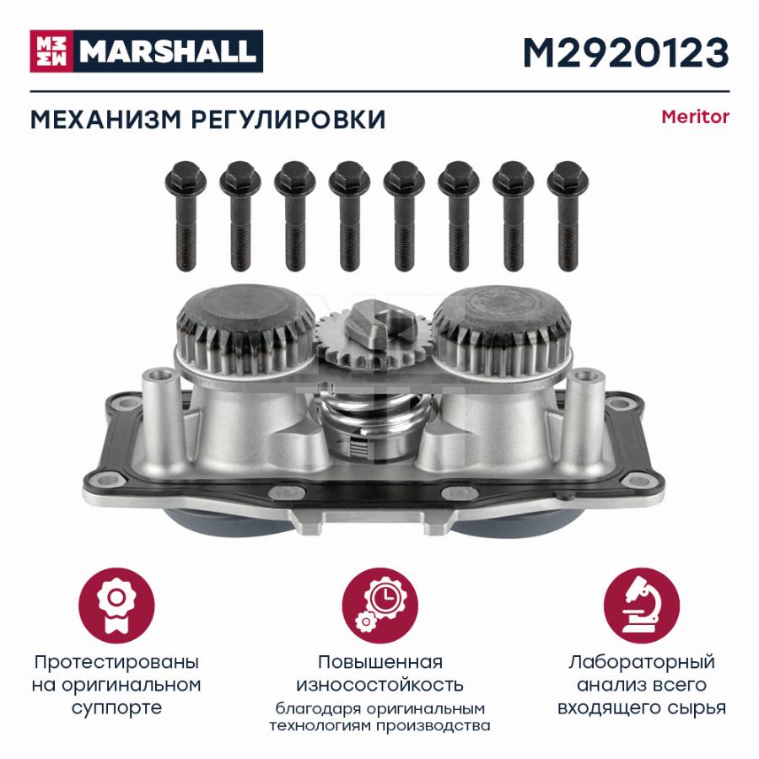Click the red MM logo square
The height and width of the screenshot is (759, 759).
[51, 51]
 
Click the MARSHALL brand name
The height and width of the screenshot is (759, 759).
[168, 51]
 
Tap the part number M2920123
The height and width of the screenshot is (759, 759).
[626, 53]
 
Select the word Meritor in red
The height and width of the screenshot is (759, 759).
[695, 117]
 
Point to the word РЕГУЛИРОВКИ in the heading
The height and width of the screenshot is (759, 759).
[288, 120]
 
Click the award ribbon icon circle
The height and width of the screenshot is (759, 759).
[116, 606]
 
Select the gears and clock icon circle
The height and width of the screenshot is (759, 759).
[380, 606]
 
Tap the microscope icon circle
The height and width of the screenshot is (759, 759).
[642, 606]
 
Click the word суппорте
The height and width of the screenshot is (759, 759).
[116, 708]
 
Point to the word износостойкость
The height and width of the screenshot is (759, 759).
[380, 685]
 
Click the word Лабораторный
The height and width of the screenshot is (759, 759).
[642, 662]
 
